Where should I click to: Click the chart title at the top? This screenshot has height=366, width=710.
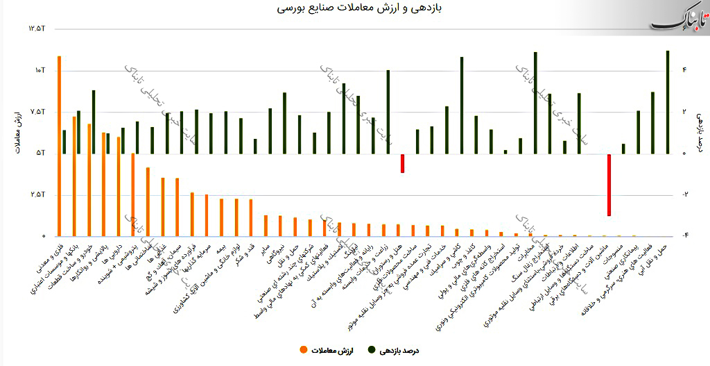(354, 9)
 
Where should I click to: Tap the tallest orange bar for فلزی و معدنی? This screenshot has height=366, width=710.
(59, 146)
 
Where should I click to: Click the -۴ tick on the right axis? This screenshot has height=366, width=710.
(684, 236)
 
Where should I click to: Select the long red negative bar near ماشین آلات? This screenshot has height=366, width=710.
(609, 185)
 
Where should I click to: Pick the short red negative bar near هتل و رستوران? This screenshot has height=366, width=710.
(402, 163)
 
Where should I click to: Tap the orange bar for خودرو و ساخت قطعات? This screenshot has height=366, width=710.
(89, 180)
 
